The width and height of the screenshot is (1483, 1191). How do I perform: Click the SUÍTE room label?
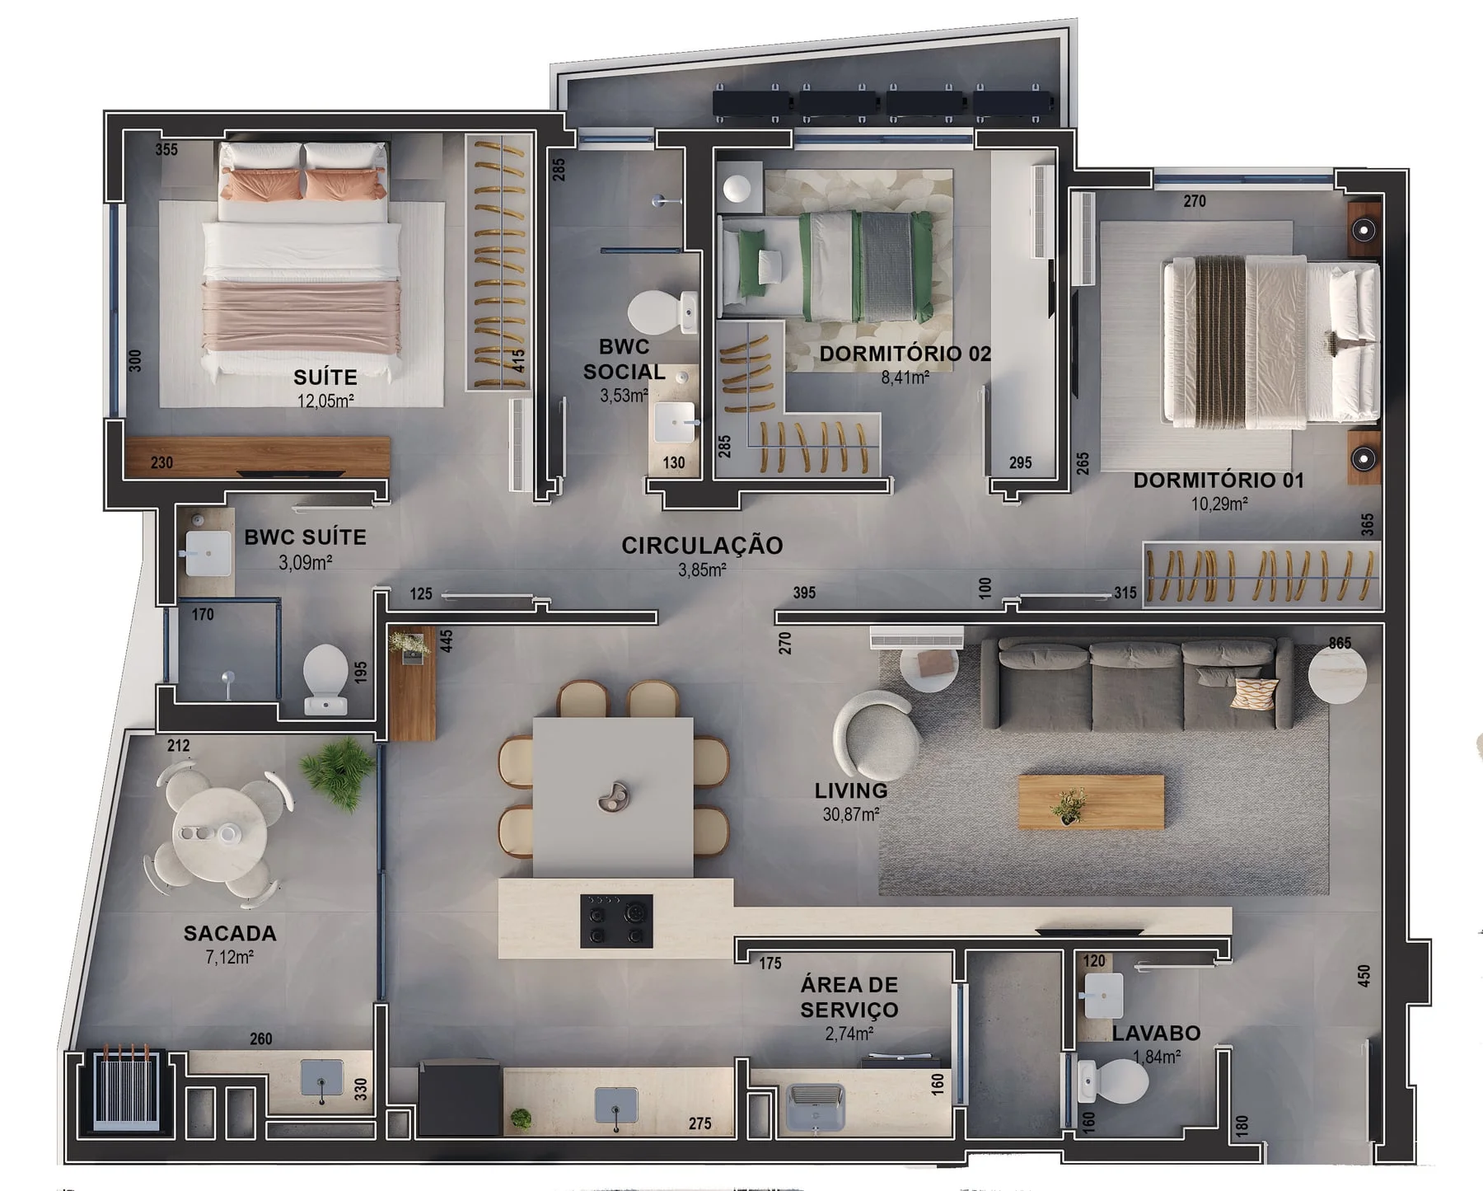coord(325,377)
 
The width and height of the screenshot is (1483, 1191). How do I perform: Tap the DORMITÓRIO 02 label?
coord(905,354)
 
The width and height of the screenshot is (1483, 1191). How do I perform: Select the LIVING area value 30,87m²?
coord(851,814)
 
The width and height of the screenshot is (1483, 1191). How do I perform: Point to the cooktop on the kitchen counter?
coord(616,921)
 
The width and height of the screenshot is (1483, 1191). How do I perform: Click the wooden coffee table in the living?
coord(1091,801)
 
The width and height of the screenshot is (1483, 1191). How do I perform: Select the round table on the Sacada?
coord(219,833)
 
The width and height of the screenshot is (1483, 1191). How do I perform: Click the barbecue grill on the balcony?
coord(125,1088)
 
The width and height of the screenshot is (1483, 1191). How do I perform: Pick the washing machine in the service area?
coord(816,1107)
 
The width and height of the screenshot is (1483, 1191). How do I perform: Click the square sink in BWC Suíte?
coord(208,553)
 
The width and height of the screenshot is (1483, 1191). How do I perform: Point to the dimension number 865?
coord(1340,643)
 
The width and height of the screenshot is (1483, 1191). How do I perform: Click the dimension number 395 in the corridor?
coord(804,593)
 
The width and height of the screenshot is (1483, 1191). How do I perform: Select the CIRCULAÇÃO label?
coord(702,546)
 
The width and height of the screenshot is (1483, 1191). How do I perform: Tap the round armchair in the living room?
coord(876,730)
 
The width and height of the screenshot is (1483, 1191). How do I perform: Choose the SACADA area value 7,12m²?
coord(229,957)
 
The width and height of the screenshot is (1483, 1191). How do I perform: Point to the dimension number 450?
coord(1364,976)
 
